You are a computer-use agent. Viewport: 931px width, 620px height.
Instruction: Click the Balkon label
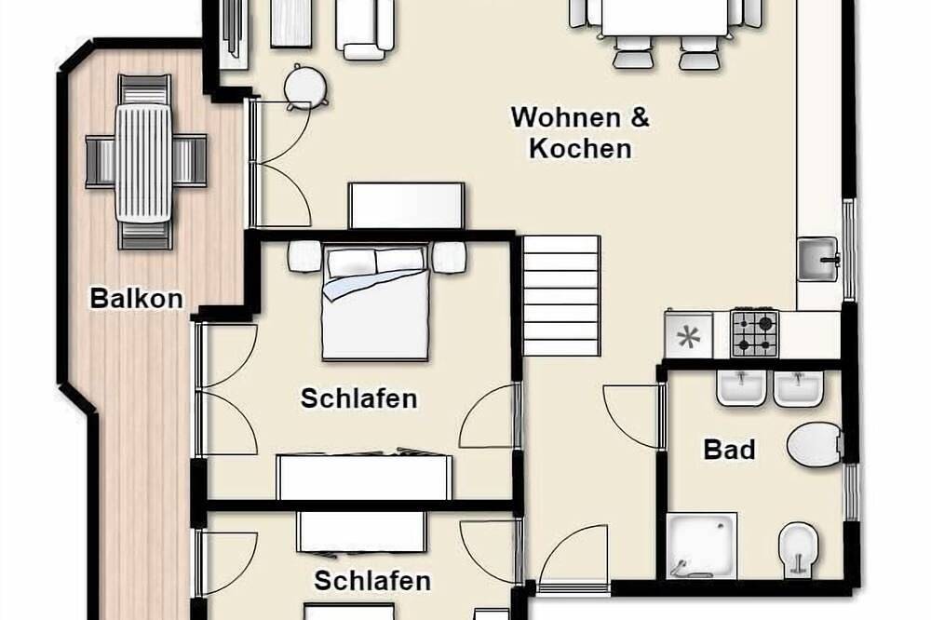pos(137,298)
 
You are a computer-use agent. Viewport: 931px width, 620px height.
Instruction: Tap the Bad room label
pos(729,450)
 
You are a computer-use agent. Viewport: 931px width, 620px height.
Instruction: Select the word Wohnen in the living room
pos(558,117)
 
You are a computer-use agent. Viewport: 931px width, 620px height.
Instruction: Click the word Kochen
pos(580,148)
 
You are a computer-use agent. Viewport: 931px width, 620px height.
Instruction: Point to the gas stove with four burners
pos(755,333)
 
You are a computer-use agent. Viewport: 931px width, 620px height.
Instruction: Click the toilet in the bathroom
pos(815,444)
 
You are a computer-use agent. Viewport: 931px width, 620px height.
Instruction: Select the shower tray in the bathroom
pos(702,546)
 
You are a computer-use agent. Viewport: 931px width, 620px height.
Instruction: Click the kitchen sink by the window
pos(817,259)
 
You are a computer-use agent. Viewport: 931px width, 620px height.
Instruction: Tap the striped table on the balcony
pos(144,163)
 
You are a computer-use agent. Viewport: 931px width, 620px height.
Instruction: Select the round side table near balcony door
pos(305,87)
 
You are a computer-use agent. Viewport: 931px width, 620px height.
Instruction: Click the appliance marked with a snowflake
pos(689,336)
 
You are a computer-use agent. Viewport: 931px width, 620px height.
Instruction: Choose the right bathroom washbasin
pos(798,388)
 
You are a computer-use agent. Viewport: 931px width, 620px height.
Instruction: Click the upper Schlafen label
pos(358,398)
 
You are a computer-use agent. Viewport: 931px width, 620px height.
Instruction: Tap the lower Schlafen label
pos(372,581)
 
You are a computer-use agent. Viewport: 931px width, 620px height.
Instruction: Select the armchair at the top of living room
pos(365,29)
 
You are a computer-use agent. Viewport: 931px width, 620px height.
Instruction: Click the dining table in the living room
pos(665,18)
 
